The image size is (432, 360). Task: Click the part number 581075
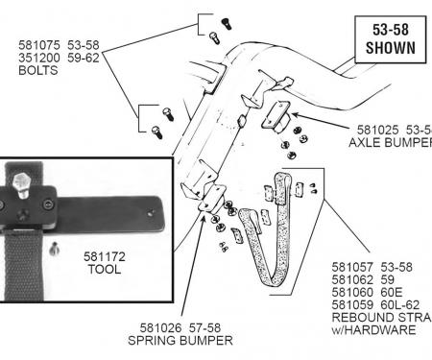(37, 44)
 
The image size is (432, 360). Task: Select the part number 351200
(37, 57)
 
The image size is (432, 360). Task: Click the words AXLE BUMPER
(390, 142)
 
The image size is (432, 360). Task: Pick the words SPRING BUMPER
(180, 340)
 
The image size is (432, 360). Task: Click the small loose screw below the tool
(54, 252)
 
